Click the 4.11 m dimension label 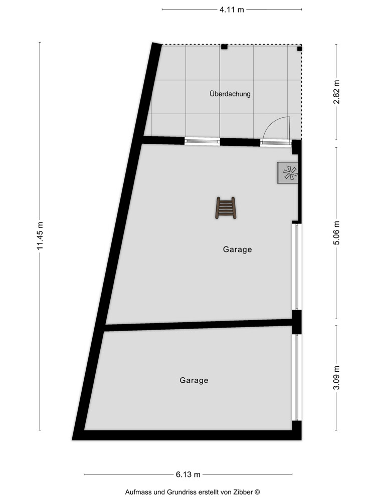point(232,10)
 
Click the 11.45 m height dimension point(41,236)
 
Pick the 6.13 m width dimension point(188,474)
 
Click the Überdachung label point(230,94)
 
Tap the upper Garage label point(237,249)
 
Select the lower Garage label point(194,380)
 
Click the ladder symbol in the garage point(226,208)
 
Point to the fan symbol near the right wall point(289,173)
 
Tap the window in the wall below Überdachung point(202,142)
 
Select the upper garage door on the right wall point(296,267)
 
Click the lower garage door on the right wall point(296,377)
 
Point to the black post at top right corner point(299,49)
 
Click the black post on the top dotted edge point(224,47)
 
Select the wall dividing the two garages point(198,325)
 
